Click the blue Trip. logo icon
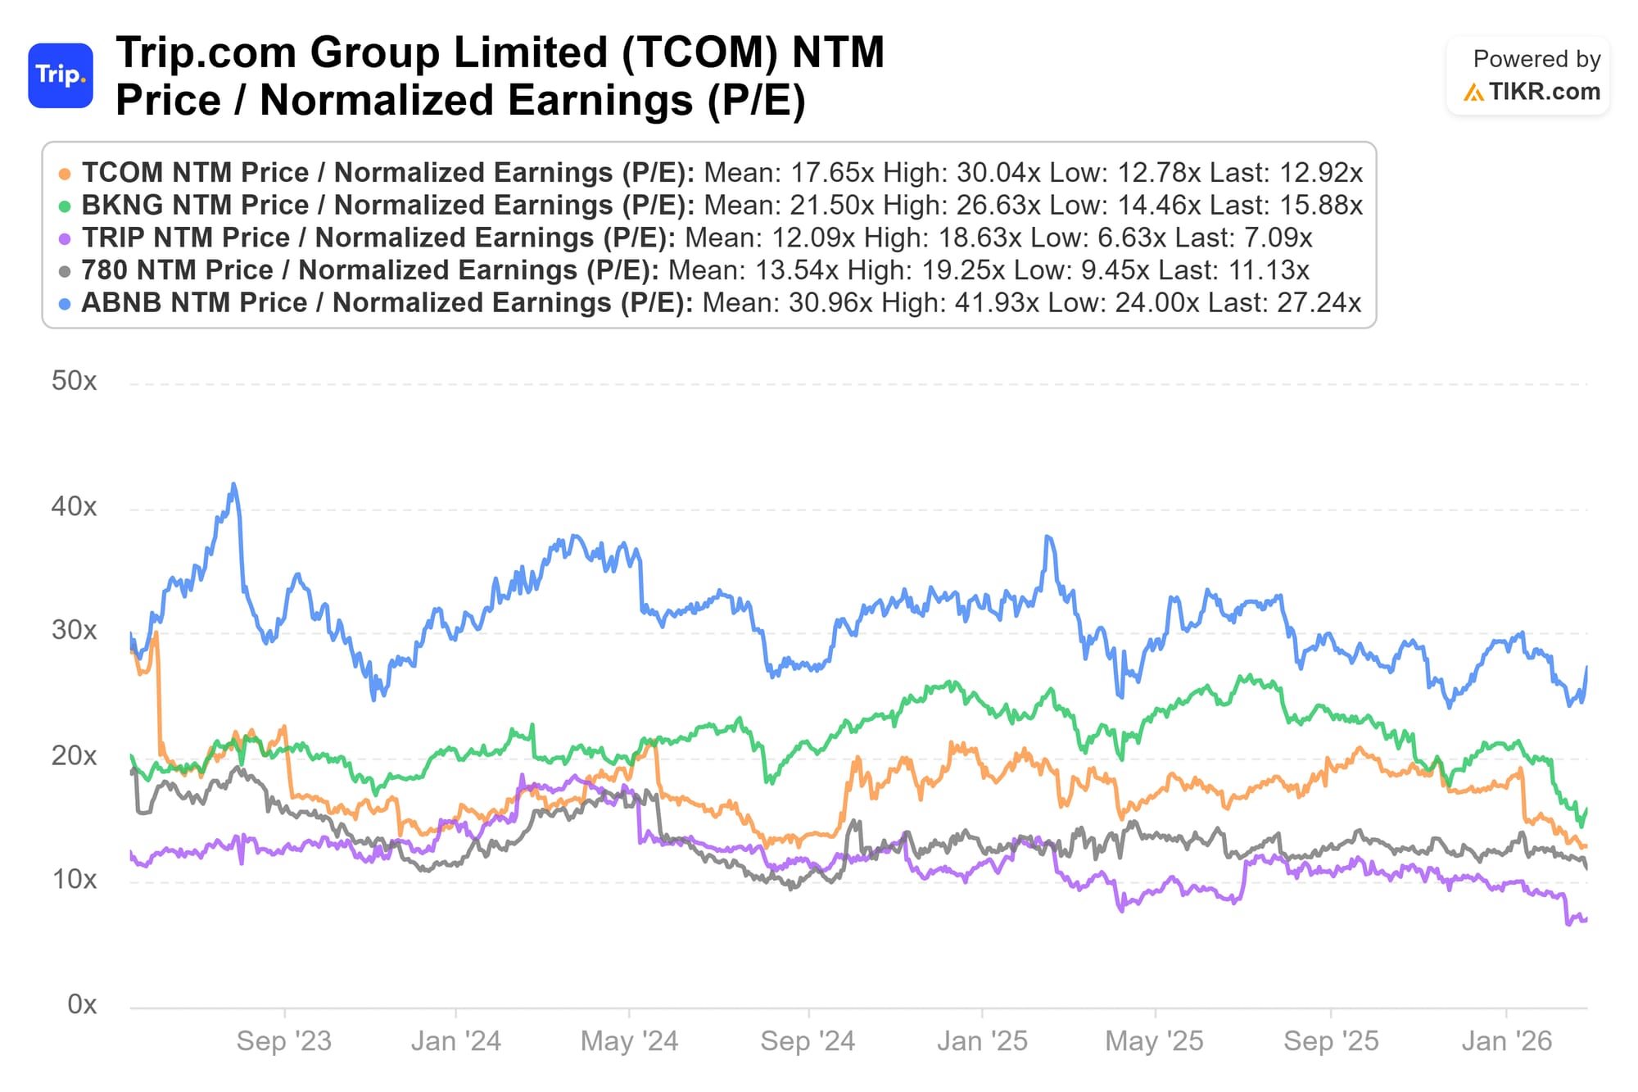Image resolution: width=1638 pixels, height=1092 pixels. (x=61, y=75)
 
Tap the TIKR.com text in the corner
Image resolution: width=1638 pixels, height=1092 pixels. (x=1544, y=92)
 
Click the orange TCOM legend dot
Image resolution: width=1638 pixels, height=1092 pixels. (x=65, y=174)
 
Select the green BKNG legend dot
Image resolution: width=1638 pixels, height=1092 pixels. (x=65, y=206)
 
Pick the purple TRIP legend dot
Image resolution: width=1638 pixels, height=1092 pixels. (x=65, y=239)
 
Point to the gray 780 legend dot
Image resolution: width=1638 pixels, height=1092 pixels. (x=65, y=271)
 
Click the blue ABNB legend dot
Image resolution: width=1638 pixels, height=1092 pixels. (x=65, y=304)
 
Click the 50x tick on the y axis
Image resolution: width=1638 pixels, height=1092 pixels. (x=74, y=381)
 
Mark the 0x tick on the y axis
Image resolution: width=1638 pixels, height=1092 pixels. (x=82, y=1004)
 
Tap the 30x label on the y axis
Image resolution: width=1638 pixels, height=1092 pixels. (x=74, y=631)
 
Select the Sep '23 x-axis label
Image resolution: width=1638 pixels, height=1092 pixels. (x=283, y=1041)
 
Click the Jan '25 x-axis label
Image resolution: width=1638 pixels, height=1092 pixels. (x=981, y=1041)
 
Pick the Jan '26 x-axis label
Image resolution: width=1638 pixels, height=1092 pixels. (x=1506, y=1041)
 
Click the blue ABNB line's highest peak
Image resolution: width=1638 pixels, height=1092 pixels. (x=234, y=484)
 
